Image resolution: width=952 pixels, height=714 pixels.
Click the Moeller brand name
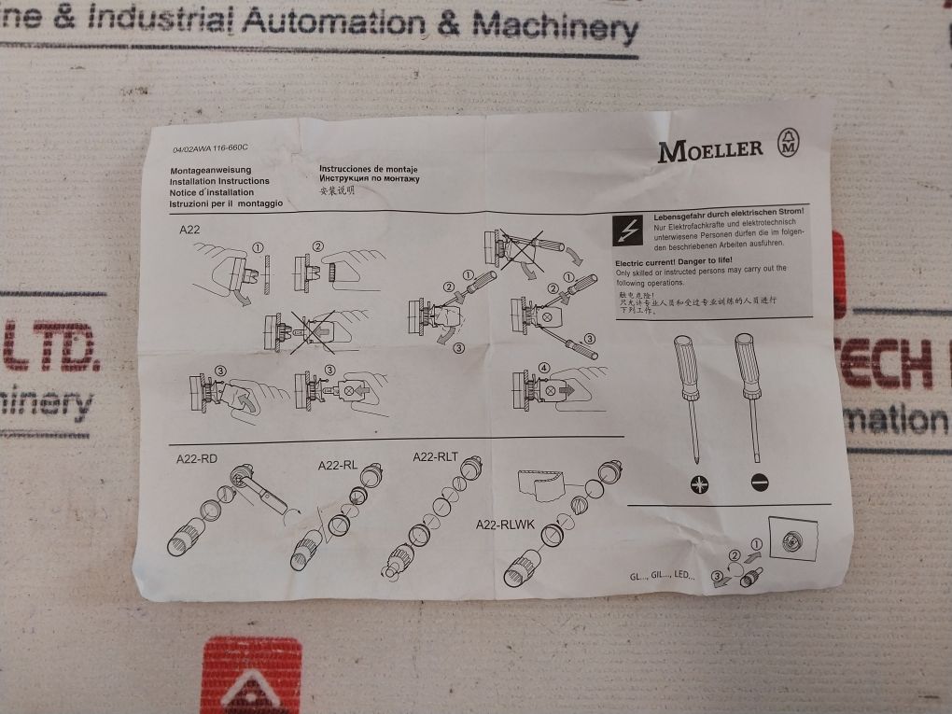[710, 148]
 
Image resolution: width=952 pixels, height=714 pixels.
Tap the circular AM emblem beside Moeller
[789, 146]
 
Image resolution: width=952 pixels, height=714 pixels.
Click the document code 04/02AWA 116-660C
[213, 148]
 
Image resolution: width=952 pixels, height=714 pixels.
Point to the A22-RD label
[196, 459]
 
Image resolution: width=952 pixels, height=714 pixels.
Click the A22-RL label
[338, 465]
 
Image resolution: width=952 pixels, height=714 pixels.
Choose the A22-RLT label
[435, 456]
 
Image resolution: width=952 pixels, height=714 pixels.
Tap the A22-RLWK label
[504, 525]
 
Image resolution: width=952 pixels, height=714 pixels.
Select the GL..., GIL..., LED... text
[664, 576]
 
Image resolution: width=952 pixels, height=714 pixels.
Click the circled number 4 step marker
[544, 366]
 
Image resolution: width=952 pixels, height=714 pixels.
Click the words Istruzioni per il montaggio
[225, 203]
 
